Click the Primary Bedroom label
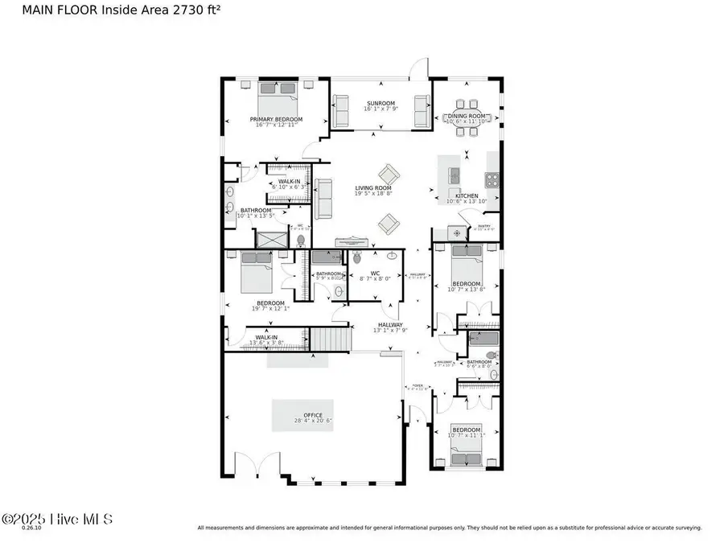276,120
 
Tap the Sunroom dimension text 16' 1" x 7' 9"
381,109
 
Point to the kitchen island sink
454,175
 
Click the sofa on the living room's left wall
323,199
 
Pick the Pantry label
484,227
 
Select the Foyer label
418,386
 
